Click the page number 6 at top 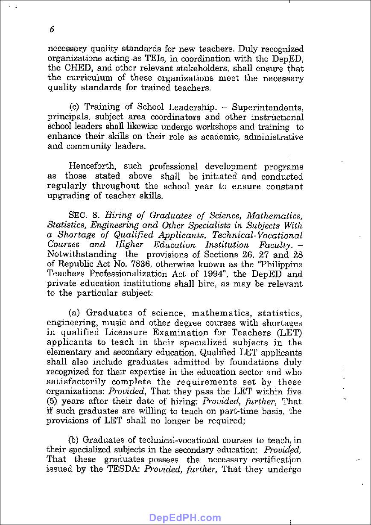pyautogui.click(x=52, y=29)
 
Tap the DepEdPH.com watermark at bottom pyautogui.click(x=185, y=518)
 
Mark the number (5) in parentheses pyautogui.click(x=53, y=402)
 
